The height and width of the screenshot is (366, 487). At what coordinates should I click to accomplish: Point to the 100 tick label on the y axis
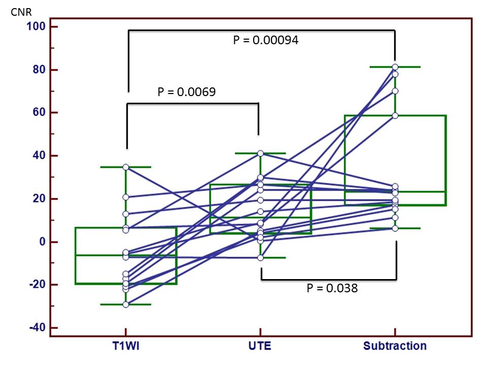37,26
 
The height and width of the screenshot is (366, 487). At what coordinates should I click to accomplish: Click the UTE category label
260,347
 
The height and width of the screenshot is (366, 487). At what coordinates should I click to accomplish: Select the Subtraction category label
395,347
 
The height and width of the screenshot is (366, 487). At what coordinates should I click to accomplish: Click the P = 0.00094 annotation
265,41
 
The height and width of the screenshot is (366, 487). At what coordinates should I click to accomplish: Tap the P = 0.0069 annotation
186,92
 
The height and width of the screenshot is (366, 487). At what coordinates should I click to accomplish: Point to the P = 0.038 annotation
332,288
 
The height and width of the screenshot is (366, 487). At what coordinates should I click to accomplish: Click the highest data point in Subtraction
395,67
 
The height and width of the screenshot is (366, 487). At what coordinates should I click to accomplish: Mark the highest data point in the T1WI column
126,167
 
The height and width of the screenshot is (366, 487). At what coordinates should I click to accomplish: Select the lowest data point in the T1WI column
126,304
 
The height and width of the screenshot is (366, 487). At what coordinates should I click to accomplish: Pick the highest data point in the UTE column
260,154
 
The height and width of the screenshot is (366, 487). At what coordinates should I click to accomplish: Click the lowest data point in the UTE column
260,258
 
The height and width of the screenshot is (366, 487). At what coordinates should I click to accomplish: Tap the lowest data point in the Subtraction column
395,228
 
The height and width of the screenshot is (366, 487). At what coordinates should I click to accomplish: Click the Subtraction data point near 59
395,115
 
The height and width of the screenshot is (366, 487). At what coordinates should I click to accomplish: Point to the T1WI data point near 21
126,197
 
